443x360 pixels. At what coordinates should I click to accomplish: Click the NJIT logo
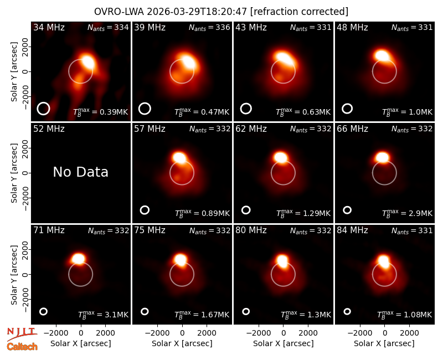coord(22,334)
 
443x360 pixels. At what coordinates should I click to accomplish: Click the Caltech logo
coord(22,347)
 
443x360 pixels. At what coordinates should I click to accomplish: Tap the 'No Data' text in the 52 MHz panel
coord(80,172)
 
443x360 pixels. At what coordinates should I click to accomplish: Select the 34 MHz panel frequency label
coord(49,27)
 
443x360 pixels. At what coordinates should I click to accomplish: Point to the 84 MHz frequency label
coord(352,230)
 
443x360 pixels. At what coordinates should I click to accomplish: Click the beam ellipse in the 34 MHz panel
coord(43,109)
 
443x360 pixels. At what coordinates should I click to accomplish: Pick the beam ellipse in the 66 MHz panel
coord(347,210)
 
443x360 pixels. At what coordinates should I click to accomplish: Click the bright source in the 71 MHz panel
coord(78,258)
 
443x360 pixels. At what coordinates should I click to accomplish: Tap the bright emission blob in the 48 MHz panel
coord(382,55)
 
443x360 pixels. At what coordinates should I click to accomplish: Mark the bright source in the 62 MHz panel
coord(281,157)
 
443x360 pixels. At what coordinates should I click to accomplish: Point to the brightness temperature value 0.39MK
coord(114,112)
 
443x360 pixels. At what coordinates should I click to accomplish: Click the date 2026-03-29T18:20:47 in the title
coord(197,12)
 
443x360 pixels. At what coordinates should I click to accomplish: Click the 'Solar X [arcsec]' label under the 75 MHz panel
coord(182,343)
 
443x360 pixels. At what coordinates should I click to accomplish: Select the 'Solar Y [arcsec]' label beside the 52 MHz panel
coord(14,173)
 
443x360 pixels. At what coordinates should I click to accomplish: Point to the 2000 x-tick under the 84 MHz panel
coord(409,333)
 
